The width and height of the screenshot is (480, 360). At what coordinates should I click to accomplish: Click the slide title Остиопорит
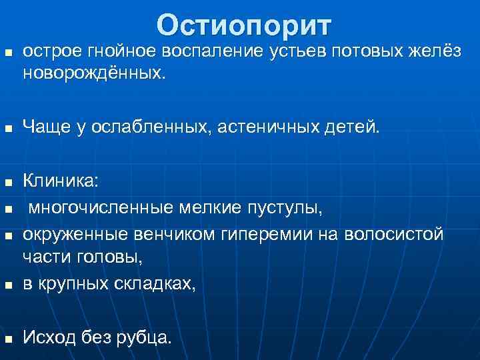[244, 25]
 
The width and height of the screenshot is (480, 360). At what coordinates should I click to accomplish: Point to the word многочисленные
[101, 209]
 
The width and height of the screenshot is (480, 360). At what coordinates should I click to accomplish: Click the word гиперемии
[278, 235]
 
